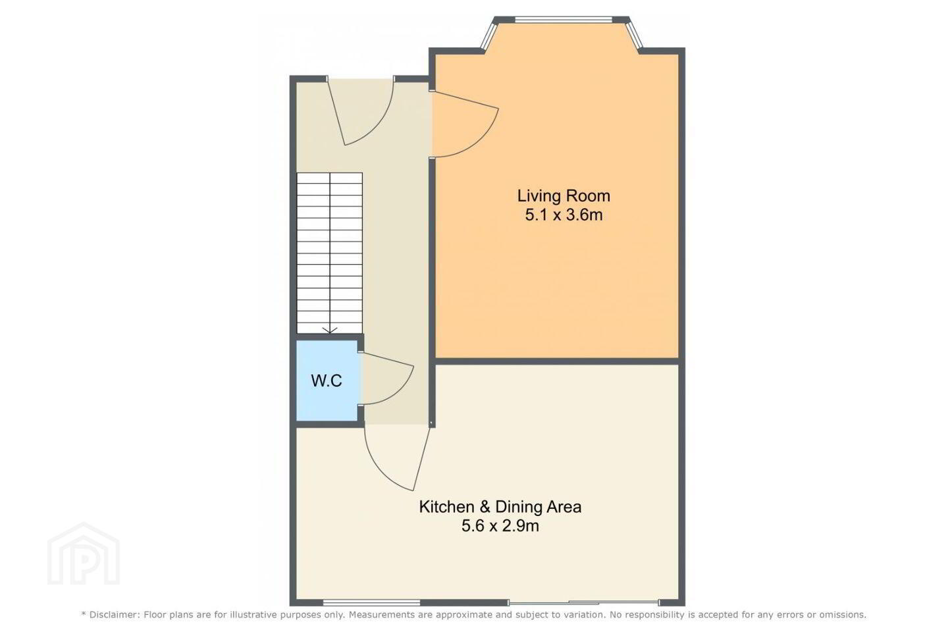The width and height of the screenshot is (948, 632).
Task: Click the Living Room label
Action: tap(564, 196)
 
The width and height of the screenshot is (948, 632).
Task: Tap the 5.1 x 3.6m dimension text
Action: tap(564, 215)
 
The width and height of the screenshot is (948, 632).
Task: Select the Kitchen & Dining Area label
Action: tap(500, 507)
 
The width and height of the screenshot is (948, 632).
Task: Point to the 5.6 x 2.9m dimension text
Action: tap(500, 526)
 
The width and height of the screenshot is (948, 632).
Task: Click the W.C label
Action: tap(327, 381)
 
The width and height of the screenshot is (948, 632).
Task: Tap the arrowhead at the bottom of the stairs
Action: tap(330, 330)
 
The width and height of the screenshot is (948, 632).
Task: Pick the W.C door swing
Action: tap(402, 390)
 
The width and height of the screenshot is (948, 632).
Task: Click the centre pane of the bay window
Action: tap(564, 19)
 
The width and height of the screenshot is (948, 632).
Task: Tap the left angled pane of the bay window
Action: tap(488, 34)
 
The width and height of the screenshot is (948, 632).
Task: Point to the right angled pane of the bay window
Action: tap(635, 34)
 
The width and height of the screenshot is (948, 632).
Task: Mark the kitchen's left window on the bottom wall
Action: tap(371, 602)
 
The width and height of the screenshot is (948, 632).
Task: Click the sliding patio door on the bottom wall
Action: tap(583, 602)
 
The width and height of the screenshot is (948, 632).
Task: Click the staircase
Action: tap(330, 253)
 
